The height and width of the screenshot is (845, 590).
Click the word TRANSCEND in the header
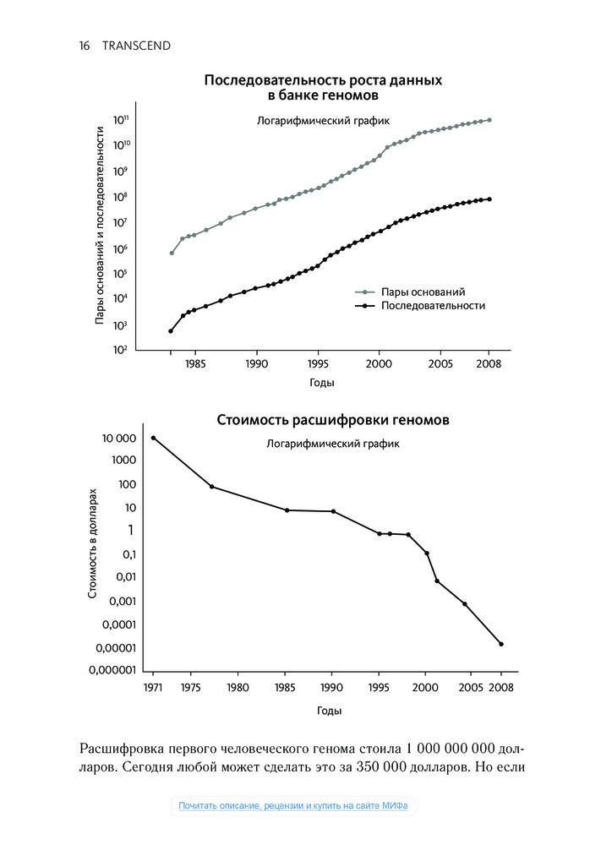click(136, 46)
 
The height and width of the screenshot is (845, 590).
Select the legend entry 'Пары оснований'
click(423, 291)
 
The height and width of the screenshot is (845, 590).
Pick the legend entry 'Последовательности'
click(433, 305)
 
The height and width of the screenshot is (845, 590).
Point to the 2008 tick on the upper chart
click(489, 364)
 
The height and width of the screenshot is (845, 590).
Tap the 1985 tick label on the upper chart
click(195, 364)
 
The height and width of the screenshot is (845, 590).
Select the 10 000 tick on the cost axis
click(119, 439)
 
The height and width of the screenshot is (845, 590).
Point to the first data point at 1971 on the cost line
click(153, 438)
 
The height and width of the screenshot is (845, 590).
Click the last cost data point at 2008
click(501, 644)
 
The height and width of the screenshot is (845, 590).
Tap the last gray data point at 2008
click(489, 120)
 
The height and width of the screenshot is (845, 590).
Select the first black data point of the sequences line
click(171, 331)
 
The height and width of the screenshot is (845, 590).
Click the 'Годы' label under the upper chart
click(321, 383)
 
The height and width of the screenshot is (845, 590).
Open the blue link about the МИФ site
click(293, 805)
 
